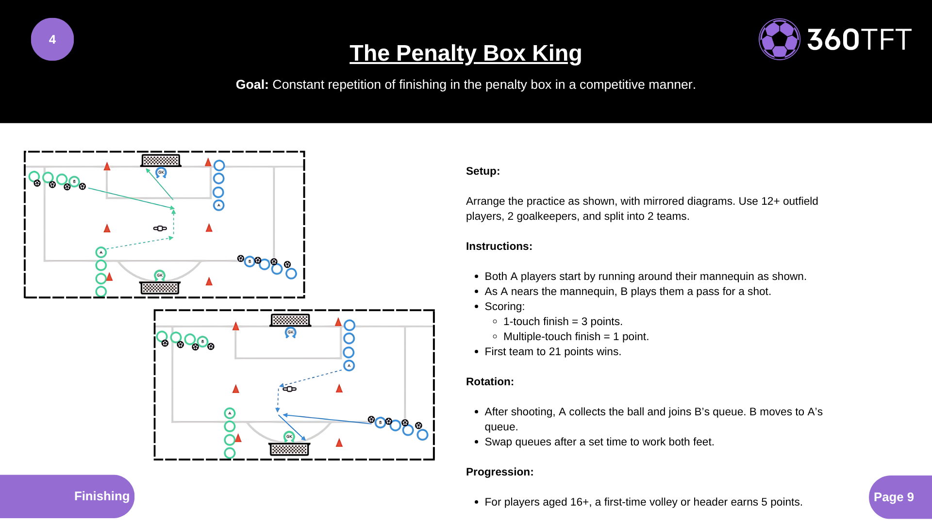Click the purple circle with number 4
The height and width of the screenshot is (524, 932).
click(52, 39)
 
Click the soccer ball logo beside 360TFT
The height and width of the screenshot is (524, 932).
click(779, 39)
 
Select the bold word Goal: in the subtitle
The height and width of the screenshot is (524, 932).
click(252, 84)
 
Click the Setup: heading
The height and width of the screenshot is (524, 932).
click(483, 171)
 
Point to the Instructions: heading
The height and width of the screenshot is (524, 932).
click(499, 246)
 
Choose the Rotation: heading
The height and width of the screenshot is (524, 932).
click(489, 381)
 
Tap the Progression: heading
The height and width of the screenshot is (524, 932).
click(499, 472)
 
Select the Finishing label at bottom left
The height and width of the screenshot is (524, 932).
click(101, 496)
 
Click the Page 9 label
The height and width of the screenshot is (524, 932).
click(893, 497)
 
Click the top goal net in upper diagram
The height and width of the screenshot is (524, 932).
click(161, 160)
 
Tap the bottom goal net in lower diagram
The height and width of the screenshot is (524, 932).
click(289, 449)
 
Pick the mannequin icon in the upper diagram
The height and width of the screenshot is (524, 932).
click(160, 228)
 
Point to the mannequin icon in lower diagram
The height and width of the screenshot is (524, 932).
click(289, 389)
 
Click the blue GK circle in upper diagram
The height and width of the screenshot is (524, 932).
click(161, 172)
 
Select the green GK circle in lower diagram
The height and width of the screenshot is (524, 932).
click(289, 436)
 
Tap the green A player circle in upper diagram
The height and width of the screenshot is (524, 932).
click(101, 252)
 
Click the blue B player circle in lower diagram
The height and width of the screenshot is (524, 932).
click(380, 422)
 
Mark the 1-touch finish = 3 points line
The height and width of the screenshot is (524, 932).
click(563, 321)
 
